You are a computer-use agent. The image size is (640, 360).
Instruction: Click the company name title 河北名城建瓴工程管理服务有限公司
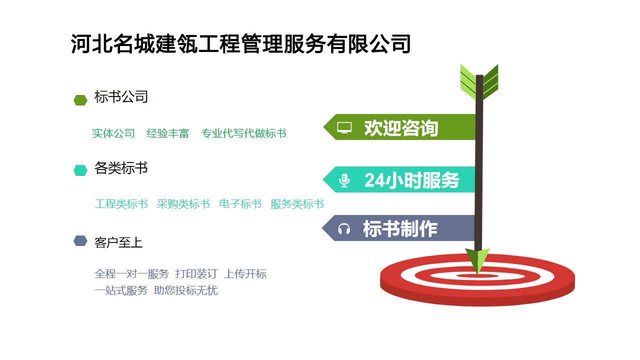click(x=240, y=44)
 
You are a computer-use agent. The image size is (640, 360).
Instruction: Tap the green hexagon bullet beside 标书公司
click(x=80, y=100)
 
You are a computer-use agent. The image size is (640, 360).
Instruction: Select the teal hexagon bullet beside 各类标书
click(x=80, y=170)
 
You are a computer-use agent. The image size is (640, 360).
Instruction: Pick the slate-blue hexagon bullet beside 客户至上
click(x=80, y=241)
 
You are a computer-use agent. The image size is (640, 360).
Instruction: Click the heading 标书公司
click(x=121, y=97)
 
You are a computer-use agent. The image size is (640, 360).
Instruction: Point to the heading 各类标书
click(x=121, y=168)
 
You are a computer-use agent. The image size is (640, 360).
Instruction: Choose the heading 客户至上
click(x=118, y=242)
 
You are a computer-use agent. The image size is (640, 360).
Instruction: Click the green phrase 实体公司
click(x=113, y=133)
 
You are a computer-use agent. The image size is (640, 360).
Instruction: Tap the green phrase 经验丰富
click(x=168, y=133)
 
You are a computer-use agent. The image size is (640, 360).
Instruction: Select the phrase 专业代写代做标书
click(x=244, y=133)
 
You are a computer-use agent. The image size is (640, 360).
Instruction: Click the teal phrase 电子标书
click(x=240, y=204)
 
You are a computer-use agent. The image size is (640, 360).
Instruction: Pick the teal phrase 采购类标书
click(x=183, y=204)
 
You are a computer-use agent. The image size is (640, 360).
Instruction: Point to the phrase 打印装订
click(x=196, y=274)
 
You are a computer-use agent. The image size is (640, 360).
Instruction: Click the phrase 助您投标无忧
click(x=186, y=290)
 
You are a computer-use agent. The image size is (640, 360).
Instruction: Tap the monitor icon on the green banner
click(x=344, y=127)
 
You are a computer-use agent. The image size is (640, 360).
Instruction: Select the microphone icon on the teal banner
click(x=344, y=180)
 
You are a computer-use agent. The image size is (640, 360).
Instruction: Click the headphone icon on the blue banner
click(x=344, y=229)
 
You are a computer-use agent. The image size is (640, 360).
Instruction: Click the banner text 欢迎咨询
click(x=401, y=128)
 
